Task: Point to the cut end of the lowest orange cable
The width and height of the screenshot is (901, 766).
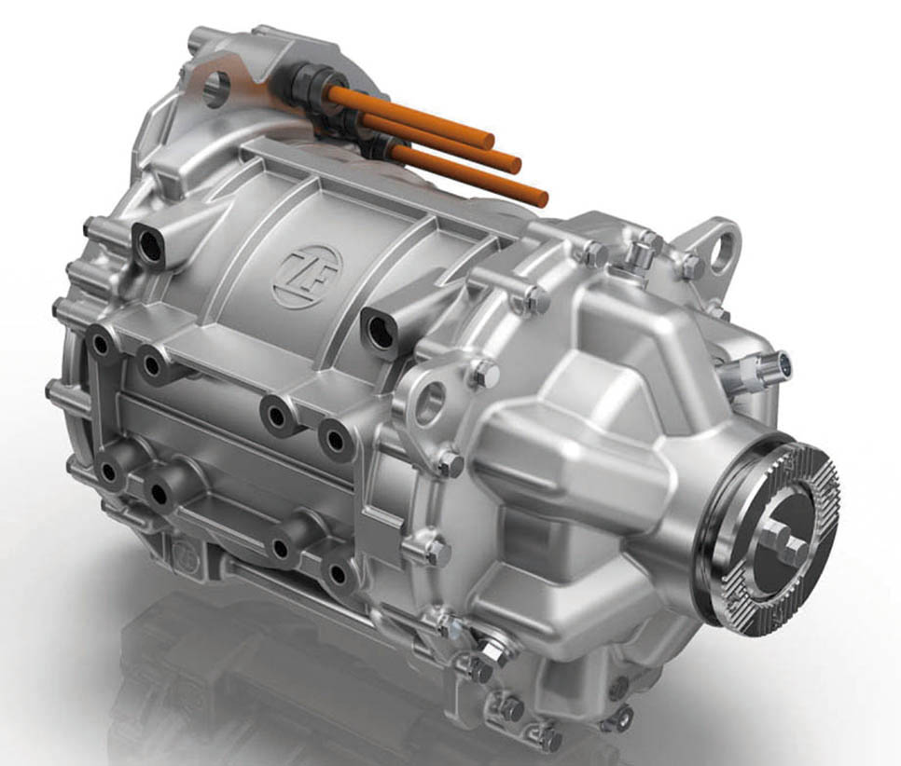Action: click(x=538, y=197)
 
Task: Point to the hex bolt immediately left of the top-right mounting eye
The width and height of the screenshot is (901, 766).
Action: click(x=690, y=267)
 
